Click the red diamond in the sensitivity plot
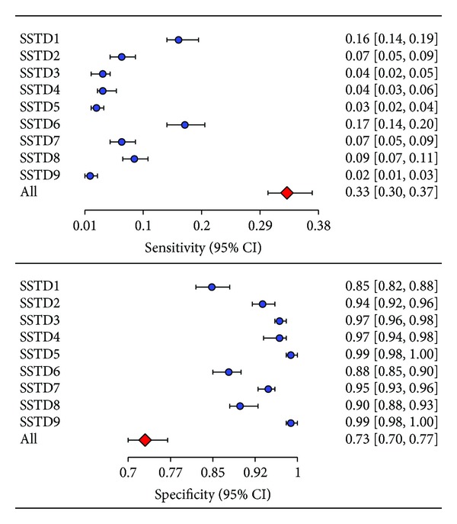[x=287, y=193]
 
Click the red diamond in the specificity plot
[x=145, y=440]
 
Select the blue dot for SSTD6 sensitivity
[x=184, y=124]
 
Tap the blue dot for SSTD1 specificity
[x=212, y=287]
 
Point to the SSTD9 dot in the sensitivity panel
[x=90, y=176]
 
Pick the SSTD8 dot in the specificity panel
[x=240, y=406]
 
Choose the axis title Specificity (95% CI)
[x=213, y=494]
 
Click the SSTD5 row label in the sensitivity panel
[x=42, y=107]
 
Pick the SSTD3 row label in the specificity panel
[x=42, y=320]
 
